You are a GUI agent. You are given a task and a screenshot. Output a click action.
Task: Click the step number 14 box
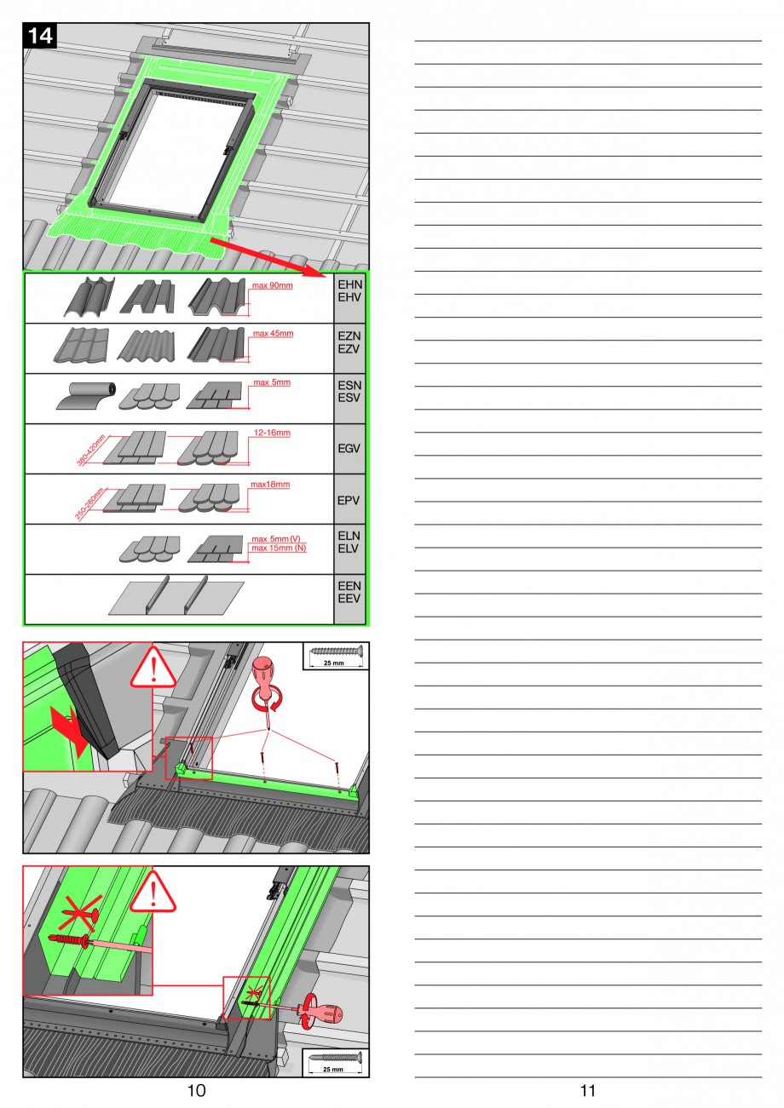point(39,36)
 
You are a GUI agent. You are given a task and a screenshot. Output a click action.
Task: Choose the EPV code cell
point(349,500)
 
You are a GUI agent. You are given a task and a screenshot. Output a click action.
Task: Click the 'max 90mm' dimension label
point(273,285)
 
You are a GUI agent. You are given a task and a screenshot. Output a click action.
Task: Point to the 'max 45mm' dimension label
point(273,334)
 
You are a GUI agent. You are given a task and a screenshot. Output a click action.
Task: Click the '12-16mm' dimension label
point(272,433)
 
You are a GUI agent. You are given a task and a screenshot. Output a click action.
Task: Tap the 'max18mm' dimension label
point(270,485)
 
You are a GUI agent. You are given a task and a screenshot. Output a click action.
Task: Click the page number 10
point(196,1090)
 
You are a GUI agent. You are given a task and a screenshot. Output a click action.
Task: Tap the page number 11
point(587,1090)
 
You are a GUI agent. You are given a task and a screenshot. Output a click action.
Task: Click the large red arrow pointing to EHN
point(265,256)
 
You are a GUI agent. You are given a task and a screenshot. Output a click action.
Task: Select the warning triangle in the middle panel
point(153,669)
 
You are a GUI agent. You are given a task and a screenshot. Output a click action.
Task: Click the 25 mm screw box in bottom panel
point(336,1061)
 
